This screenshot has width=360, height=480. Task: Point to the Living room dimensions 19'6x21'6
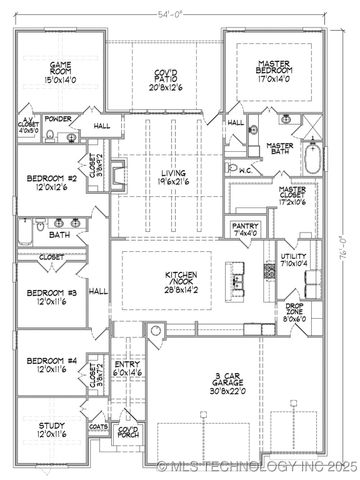[173, 183]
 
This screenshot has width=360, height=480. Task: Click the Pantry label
[245, 226]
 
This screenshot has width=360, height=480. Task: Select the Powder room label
[57, 118]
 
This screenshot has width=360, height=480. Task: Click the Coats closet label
[97, 424]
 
